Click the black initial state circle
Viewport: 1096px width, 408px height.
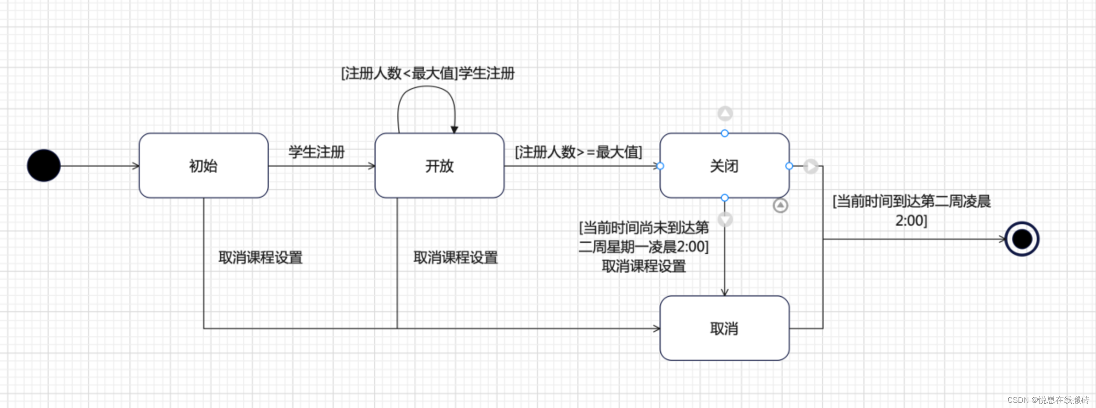(x=44, y=166)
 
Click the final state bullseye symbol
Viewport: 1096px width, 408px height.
(x=1022, y=239)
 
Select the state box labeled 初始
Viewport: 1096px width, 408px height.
(x=203, y=166)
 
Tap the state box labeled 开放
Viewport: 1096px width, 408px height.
(x=439, y=166)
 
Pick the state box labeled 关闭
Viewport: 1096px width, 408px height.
(x=724, y=166)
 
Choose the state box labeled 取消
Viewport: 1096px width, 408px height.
(x=724, y=328)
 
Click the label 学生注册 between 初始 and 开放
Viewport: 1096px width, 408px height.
(x=316, y=152)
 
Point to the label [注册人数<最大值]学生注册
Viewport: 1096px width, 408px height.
(x=428, y=73)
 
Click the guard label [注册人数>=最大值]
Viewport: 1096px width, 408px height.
(x=578, y=152)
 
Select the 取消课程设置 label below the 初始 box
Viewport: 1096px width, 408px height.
(x=260, y=257)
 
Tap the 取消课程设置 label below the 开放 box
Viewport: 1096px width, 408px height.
(x=456, y=257)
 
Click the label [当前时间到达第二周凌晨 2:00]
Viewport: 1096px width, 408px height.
(x=911, y=210)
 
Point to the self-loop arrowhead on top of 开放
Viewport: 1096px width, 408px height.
(x=455, y=130)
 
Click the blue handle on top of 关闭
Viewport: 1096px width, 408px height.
(x=724, y=133)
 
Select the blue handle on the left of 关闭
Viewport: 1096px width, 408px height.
(x=660, y=166)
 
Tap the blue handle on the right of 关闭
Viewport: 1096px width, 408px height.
(x=789, y=166)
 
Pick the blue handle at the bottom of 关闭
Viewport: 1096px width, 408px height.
(x=724, y=198)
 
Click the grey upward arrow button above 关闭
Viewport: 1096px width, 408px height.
(x=725, y=113)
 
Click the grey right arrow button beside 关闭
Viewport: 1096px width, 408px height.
(x=810, y=166)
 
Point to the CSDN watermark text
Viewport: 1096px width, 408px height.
(x=1048, y=400)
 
